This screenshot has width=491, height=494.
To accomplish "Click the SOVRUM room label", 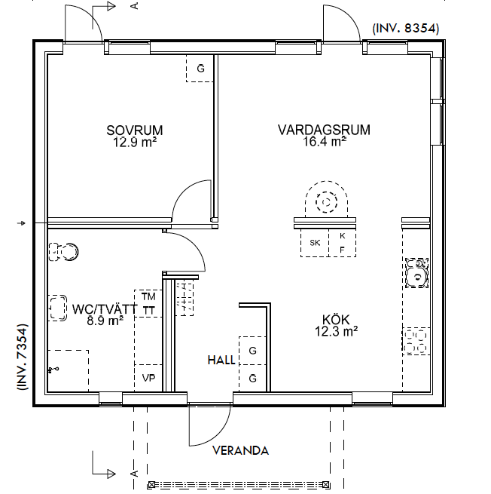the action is [x=135, y=130].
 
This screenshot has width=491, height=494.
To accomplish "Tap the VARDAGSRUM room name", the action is [x=324, y=130].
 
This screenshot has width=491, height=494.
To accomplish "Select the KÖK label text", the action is [x=336, y=320].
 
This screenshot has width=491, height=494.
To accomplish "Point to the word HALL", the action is [x=221, y=360].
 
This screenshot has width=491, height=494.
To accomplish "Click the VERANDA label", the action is [x=241, y=450].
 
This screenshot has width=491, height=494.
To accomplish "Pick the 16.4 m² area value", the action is [x=325, y=142].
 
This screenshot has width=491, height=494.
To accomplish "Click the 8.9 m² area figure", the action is [x=105, y=321].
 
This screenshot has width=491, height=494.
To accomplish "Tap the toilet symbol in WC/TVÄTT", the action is [x=63, y=252].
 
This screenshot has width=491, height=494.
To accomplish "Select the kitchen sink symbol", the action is [x=416, y=273].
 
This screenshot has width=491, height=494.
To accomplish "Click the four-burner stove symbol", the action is [x=416, y=341].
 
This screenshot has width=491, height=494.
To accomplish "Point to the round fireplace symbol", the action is [x=326, y=199].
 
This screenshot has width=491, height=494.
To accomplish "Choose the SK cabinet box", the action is [x=315, y=243].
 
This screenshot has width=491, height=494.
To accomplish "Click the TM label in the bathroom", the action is [x=148, y=296].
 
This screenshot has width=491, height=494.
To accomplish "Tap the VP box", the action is [x=148, y=378].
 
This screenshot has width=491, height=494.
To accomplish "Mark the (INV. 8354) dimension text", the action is [x=406, y=29].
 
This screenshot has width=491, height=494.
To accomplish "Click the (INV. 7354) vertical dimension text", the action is [x=23, y=357].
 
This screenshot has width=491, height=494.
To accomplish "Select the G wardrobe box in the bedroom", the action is [x=200, y=68].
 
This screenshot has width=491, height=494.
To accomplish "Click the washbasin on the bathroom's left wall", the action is [x=57, y=308].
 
